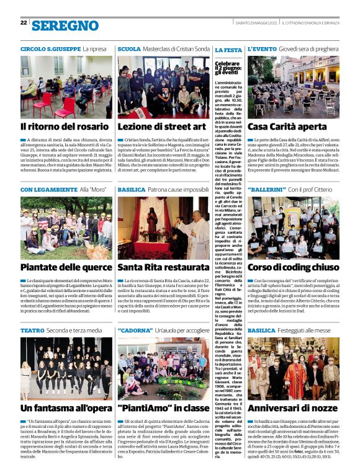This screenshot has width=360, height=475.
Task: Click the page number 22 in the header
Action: click(x=24, y=22)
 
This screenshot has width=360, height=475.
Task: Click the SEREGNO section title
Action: click(x=65, y=25)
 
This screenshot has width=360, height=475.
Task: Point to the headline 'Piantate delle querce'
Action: click(x=64, y=268)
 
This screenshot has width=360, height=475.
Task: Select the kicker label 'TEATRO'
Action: click(x=32, y=331)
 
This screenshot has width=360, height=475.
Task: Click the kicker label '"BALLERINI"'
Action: click(x=266, y=189)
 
